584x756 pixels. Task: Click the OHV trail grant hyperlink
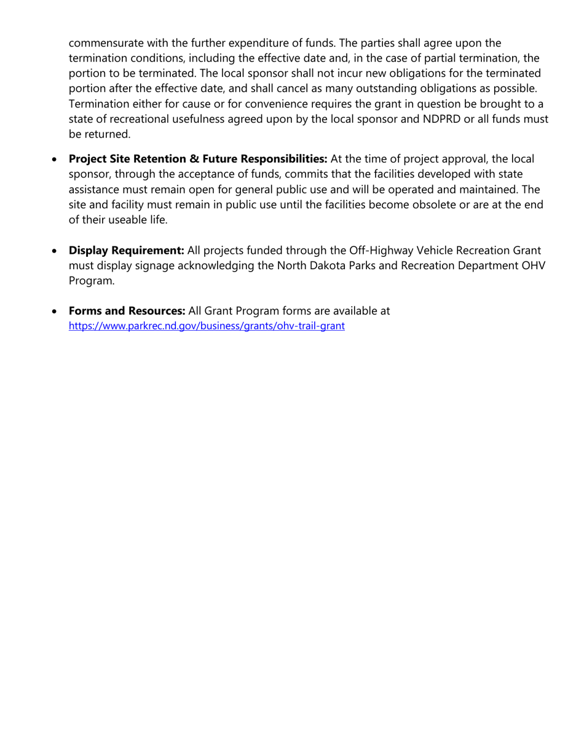[x=207, y=326]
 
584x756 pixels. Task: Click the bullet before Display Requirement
[x=56, y=251]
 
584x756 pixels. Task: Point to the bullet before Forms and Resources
[x=56, y=312]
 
